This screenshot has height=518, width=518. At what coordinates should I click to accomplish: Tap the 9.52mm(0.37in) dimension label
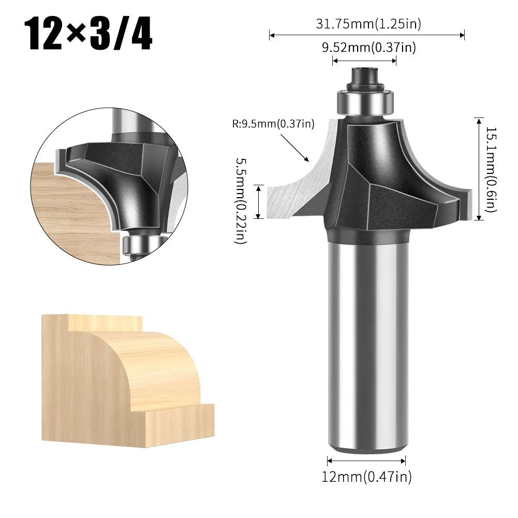(368, 48)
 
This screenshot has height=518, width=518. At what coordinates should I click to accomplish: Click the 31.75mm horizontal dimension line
(367, 35)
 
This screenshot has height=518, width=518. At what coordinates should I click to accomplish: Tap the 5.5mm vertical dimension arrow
(259, 202)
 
